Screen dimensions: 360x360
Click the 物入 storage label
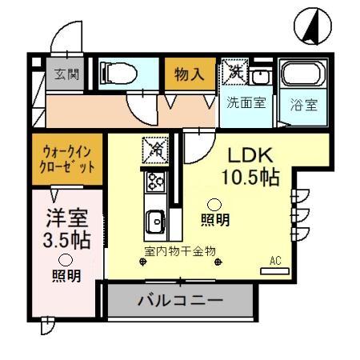(x=190, y=75)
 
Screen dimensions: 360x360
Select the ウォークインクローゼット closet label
(x=68, y=161)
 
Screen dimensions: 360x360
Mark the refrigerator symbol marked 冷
(x=155, y=149)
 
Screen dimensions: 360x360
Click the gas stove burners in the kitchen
(x=155, y=182)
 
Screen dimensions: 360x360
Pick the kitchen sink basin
(x=155, y=218)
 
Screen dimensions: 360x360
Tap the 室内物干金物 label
(x=180, y=251)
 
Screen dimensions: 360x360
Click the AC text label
(x=276, y=261)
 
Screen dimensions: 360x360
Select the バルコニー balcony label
(x=180, y=302)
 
